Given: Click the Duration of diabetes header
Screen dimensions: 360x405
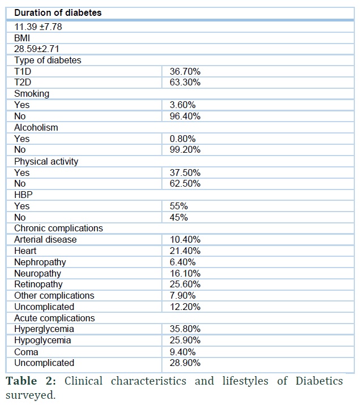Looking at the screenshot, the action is pyautogui.click(x=58, y=12).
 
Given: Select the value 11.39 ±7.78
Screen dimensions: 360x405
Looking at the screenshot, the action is pyautogui.click(x=38, y=27).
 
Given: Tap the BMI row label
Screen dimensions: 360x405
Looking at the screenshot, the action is pyautogui.click(x=22, y=38).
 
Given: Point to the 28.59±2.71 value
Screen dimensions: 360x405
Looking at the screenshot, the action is pyautogui.click(x=37, y=49).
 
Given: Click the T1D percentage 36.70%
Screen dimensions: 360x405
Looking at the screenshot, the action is pyautogui.click(x=185, y=71).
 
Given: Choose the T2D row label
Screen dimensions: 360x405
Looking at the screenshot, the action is pyautogui.click(x=23, y=83).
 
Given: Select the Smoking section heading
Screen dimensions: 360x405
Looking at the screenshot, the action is pyautogui.click(x=32, y=94).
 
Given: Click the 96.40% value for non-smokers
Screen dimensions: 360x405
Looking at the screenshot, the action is pyautogui.click(x=185, y=116).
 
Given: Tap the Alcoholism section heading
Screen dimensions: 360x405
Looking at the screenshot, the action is pyautogui.click(x=36, y=128).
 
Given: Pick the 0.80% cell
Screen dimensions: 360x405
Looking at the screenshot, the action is pyautogui.click(x=182, y=139).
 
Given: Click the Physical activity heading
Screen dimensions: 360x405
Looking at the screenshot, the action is pyautogui.click(x=46, y=161).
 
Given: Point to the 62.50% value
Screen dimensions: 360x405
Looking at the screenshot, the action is pyautogui.click(x=185, y=184).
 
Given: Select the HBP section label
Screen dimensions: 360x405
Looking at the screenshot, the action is pyautogui.click(x=23, y=195).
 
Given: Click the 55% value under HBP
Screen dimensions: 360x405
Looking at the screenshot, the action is pyautogui.click(x=178, y=206).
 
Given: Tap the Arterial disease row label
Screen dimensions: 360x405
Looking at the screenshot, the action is pyautogui.click(x=45, y=240).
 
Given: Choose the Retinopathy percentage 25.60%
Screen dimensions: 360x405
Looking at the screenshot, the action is pyautogui.click(x=185, y=285).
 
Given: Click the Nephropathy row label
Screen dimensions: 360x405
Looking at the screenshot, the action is pyautogui.click(x=40, y=262).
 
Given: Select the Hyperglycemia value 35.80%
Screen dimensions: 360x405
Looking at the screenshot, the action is pyautogui.click(x=185, y=329).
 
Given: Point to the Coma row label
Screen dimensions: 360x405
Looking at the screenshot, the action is pyautogui.click(x=26, y=352).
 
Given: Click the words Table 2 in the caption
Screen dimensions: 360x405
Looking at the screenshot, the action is pyautogui.click(x=31, y=381).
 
